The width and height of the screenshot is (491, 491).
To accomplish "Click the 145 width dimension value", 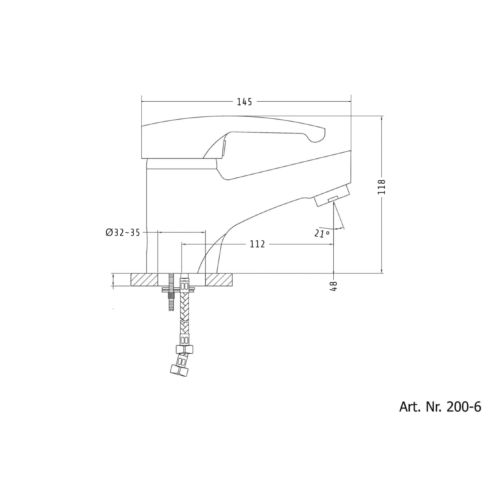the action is point(244,102).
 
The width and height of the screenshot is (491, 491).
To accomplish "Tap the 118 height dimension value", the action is point(381,187).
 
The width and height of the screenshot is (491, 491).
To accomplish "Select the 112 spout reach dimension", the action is point(257,244).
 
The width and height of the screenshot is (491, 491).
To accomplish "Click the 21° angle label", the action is point(322,234).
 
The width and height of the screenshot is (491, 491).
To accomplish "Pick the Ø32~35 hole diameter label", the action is point(123,232).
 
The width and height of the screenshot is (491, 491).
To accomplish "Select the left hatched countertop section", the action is point(144,280).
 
